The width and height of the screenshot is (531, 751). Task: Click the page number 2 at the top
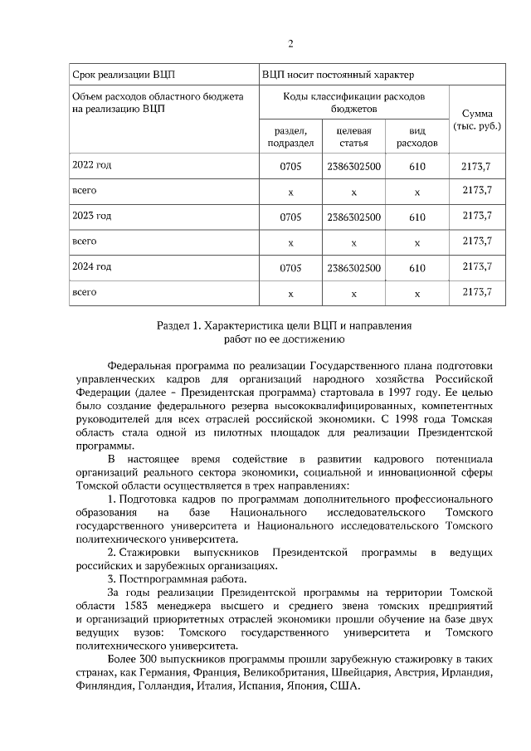point(290,44)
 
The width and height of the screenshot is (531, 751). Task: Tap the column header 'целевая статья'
point(353,137)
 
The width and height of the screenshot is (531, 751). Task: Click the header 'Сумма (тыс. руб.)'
point(475,119)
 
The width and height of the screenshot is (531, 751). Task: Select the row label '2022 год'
point(92,166)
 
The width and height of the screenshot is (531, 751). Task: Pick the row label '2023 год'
point(92,216)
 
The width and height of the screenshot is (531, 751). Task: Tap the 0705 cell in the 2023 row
point(290,217)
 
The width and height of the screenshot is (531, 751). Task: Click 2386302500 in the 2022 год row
point(353,167)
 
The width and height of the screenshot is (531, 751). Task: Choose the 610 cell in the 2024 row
point(417,268)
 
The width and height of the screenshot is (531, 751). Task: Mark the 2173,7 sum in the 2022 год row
point(475,167)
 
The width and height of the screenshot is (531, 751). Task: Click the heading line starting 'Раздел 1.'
point(285,325)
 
